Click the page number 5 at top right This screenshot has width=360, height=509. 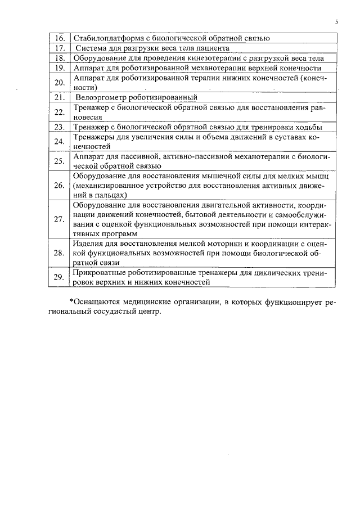pos(336,22)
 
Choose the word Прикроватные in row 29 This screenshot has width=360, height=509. pos(100,272)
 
